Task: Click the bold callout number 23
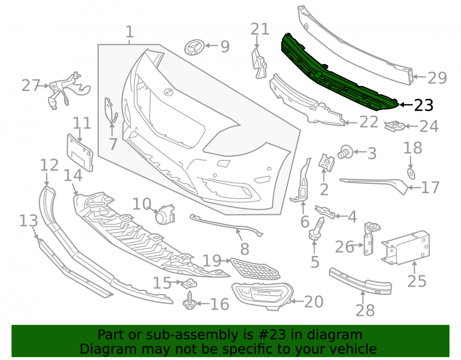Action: coord(424,105)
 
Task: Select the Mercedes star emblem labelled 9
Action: coord(194,47)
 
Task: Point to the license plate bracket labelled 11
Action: coord(80,152)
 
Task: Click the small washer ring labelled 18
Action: coord(411,174)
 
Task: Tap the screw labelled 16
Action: coord(189,300)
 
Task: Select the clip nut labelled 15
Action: coord(189,283)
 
